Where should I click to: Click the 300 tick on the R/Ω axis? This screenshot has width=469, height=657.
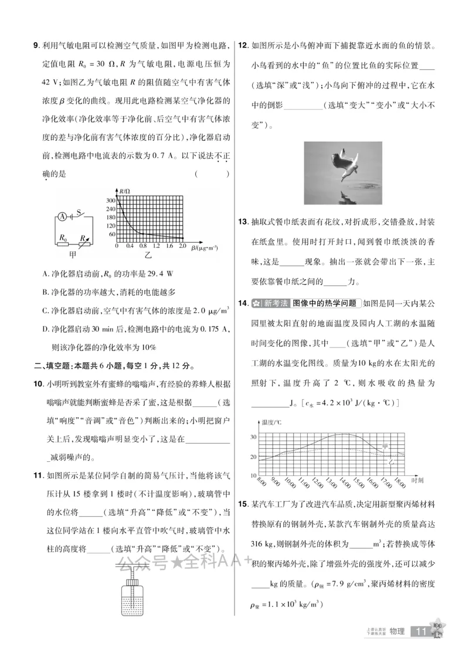pos(110,201)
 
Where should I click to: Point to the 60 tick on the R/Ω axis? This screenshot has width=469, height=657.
pos(111,234)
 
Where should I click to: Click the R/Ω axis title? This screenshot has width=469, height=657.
pos(124,191)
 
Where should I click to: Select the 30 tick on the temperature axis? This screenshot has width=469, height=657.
pos(254,437)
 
